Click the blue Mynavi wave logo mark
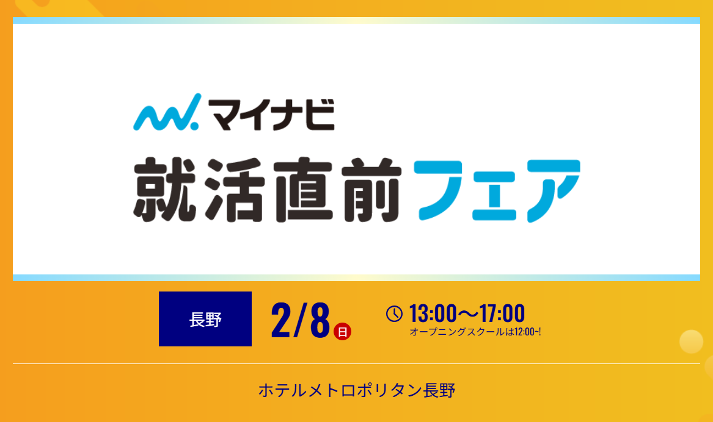(x=166, y=112)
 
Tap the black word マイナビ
(x=272, y=115)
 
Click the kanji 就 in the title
(x=165, y=190)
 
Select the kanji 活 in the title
(x=235, y=190)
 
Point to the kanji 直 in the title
(x=303, y=190)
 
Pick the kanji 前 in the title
(x=371, y=190)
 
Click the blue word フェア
(x=497, y=191)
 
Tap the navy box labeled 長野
(x=205, y=319)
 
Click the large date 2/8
(x=300, y=320)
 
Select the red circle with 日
(x=342, y=332)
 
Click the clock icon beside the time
(x=394, y=313)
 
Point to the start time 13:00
(x=433, y=313)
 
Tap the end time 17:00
(x=502, y=313)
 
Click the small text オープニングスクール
(x=458, y=332)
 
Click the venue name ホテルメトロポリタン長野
(x=357, y=390)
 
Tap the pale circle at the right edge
(x=691, y=342)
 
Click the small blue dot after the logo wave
(x=194, y=125)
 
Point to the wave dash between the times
(x=469, y=313)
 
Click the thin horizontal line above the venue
(x=357, y=364)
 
